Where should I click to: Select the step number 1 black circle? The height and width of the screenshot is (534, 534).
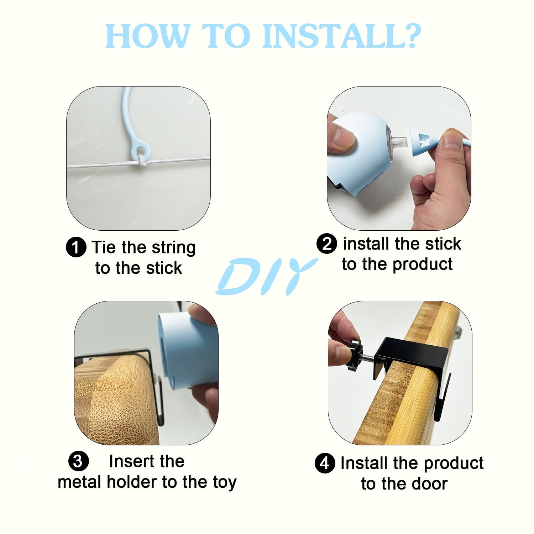pyautogui.click(x=76, y=247)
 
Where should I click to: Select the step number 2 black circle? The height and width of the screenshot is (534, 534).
pyautogui.click(x=326, y=244)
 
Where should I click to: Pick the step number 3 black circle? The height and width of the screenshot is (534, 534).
pyautogui.click(x=78, y=462)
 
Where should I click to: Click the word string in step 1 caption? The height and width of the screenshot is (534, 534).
pyautogui.click(x=173, y=248)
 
